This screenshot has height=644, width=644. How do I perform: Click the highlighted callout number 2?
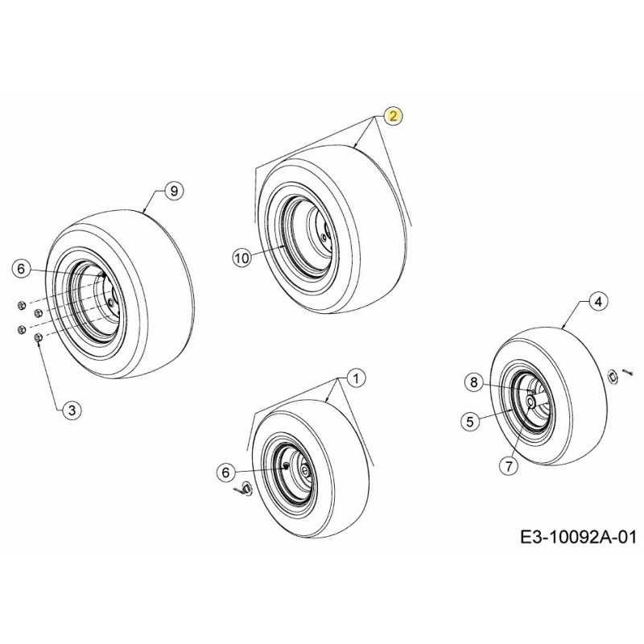(x=394, y=116)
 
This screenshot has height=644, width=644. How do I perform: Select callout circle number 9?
(x=174, y=191)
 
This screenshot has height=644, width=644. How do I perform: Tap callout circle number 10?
(x=242, y=258)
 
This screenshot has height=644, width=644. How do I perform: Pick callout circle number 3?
(x=72, y=410)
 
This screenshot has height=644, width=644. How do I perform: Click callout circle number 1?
(x=356, y=378)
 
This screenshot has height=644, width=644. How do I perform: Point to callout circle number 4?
(x=598, y=301)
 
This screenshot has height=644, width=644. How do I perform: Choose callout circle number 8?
(x=474, y=383)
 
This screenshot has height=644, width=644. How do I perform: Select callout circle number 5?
(x=470, y=421)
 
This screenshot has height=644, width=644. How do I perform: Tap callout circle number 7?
(x=509, y=466)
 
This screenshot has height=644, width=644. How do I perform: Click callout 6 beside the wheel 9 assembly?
(x=22, y=269)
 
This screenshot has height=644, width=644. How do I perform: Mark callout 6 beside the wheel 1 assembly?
(x=225, y=473)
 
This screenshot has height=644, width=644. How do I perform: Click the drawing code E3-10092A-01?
(x=578, y=537)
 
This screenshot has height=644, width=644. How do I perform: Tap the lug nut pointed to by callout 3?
(x=38, y=337)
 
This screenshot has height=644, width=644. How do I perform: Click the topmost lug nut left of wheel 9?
(x=22, y=305)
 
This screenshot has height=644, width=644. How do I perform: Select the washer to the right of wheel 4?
(x=613, y=376)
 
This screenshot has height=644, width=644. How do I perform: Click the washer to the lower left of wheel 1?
(x=247, y=489)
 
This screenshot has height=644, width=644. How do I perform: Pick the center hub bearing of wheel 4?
(x=530, y=402)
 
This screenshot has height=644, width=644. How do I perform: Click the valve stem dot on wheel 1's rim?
(x=286, y=465)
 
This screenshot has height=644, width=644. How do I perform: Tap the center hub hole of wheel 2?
(x=324, y=237)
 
